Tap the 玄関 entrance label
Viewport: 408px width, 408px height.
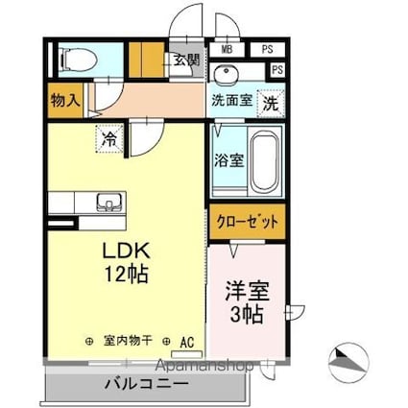coord(187,60)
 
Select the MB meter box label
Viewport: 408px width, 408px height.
coord(227,50)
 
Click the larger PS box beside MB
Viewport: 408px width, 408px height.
coord(268,50)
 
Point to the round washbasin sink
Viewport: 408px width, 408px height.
coord(226,73)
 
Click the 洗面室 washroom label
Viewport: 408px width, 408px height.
coord(232,101)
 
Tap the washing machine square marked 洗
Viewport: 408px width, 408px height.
coord(271,104)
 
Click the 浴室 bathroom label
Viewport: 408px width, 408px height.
coord(229,160)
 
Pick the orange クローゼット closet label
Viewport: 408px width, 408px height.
coord(248,222)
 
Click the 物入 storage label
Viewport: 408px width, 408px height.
coord(65,101)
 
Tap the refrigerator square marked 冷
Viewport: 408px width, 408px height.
coord(109,139)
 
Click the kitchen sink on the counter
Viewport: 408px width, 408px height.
coord(109,203)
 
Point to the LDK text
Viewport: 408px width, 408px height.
coord(126,251)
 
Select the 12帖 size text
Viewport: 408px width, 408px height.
coord(127,274)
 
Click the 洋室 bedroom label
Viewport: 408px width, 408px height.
coord(248,291)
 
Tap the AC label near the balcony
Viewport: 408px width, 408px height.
coord(187,343)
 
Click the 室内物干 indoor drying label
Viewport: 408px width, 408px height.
coord(128,342)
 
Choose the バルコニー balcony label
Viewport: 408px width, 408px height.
coord(147,383)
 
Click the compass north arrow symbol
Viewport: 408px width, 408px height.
coord(349,362)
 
